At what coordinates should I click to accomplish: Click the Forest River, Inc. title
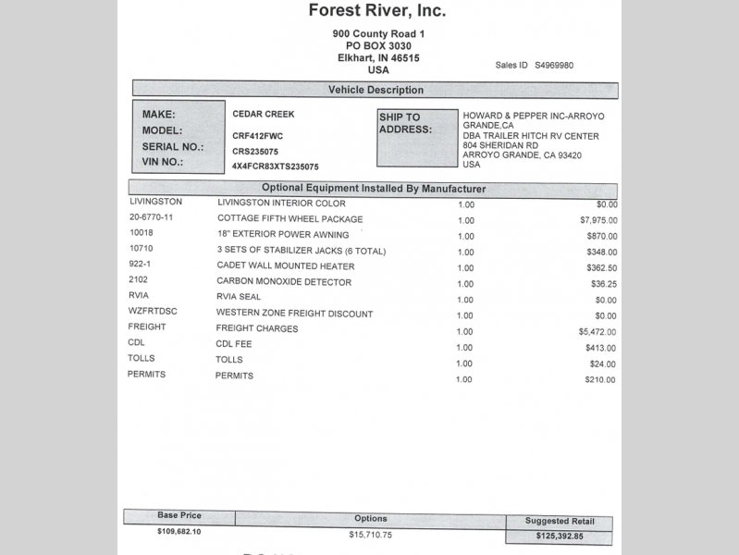click(x=376, y=12)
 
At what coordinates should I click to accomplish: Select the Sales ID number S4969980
click(x=554, y=66)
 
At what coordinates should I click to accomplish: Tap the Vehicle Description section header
click(x=376, y=90)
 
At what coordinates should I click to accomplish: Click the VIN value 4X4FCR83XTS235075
click(x=276, y=166)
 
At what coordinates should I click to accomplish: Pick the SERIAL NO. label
click(x=172, y=146)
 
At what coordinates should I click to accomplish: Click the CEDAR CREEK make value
click(x=263, y=114)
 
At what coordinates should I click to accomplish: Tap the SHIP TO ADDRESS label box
click(x=417, y=137)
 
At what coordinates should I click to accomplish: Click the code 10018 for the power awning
click(x=142, y=233)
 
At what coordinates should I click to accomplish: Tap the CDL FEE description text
click(x=234, y=343)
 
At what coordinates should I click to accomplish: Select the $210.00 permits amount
click(x=600, y=379)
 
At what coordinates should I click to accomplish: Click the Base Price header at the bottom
click(x=179, y=515)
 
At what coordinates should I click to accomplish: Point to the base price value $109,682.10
click(x=179, y=532)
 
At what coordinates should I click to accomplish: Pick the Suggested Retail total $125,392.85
click(x=559, y=536)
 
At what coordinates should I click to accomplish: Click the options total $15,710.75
click(x=371, y=535)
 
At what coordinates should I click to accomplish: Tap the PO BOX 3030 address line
click(x=378, y=45)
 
